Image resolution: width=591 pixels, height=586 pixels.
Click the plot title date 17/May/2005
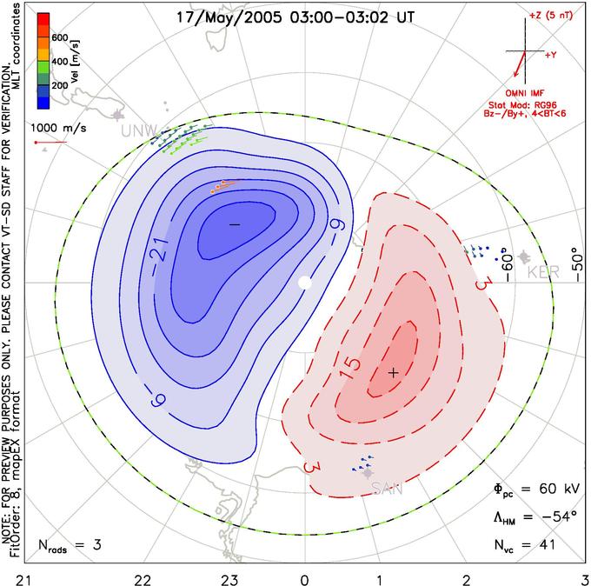229,17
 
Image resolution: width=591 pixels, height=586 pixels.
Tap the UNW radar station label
139,131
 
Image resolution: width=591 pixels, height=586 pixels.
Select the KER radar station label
543,272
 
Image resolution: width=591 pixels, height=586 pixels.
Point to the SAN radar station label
387,489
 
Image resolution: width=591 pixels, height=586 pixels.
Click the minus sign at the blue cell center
235,224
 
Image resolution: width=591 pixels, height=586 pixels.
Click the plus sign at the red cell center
394,373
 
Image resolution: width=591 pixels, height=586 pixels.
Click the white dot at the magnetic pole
305,283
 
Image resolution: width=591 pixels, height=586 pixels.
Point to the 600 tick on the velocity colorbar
60,37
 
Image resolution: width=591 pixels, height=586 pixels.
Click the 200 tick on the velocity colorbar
60,85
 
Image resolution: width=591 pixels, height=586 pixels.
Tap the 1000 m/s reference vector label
58,128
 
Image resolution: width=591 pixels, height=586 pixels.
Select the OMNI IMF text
525,93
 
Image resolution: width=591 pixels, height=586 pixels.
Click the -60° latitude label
508,267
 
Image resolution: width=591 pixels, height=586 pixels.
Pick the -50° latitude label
577,265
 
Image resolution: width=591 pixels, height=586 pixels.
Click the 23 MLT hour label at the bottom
229,580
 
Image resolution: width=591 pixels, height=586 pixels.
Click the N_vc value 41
546,544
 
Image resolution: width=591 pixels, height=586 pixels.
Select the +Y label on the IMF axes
551,55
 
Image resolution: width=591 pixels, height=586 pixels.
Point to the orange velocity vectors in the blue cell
224,186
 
